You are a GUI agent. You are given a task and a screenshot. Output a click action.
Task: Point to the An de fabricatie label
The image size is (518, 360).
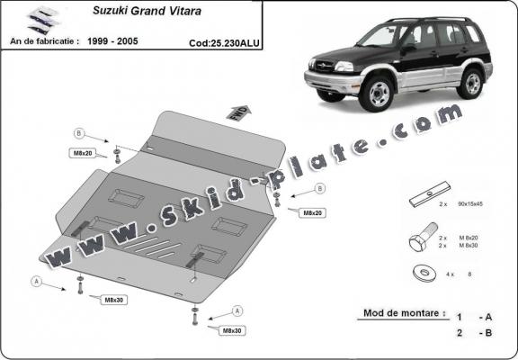pos(46,40)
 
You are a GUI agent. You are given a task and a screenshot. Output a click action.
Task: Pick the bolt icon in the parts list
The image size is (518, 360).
pos(422,239)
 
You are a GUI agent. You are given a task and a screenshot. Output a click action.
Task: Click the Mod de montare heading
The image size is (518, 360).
pos(404,314)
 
